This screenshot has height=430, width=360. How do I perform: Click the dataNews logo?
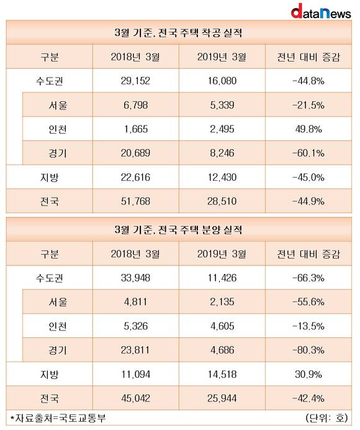(x=321, y=12)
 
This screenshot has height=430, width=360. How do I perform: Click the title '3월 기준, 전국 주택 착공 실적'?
(x=179, y=33)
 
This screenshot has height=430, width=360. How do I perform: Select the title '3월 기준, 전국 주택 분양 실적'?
(x=179, y=229)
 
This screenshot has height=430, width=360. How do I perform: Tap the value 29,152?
(x=135, y=81)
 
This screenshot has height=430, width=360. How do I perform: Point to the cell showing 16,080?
(x=222, y=81)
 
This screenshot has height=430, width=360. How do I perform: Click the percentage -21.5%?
(x=308, y=105)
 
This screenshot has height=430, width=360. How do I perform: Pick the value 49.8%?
(x=308, y=129)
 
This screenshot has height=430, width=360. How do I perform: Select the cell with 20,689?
(x=135, y=153)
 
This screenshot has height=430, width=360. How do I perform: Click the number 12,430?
(x=222, y=178)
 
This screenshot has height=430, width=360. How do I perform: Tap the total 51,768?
(x=135, y=201)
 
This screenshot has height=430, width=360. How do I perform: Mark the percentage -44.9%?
(x=308, y=201)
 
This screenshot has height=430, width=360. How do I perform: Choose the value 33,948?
(x=135, y=278)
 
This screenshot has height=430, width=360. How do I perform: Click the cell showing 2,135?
(x=222, y=302)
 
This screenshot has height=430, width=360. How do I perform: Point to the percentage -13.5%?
(x=308, y=326)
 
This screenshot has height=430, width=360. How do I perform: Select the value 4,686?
(x=222, y=350)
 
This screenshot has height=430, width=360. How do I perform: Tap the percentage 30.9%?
(x=308, y=374)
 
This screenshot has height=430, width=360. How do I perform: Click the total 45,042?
(x=135, y=398)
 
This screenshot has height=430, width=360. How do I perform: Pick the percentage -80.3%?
(x=308, y=350)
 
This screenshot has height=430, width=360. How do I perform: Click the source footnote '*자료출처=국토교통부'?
(x=58, y=418)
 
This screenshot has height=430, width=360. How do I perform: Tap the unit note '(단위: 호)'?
(x=327, y=418)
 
